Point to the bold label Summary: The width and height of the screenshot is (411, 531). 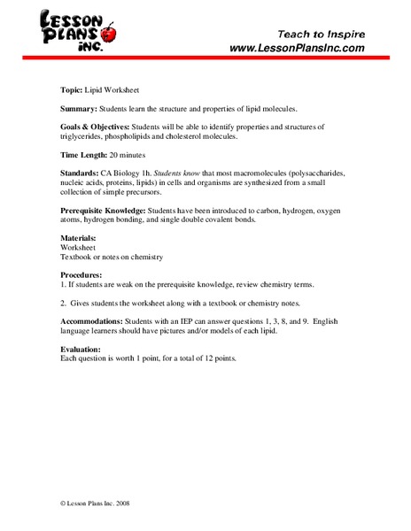pyautogui.click(x=81, y=108)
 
